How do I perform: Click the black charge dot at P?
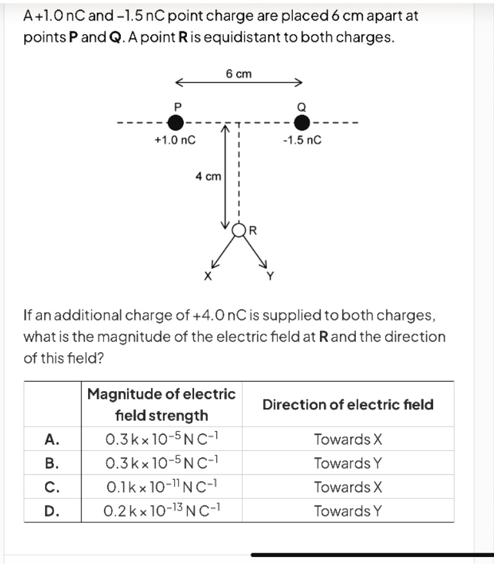(x=176, y=123)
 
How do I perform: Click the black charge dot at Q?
(x=302, y=123)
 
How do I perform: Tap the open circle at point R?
(x=238, y=230)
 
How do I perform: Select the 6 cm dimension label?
(x=238, y=74)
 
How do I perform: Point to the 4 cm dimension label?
(x=208, y=177)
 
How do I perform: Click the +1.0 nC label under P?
(x=175, y=139)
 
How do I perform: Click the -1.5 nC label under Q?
(x=302, y=139)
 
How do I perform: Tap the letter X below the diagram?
(x=207, y=276)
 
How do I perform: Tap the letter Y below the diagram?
(x=270, y=276)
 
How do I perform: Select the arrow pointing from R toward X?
(x=223, y=252)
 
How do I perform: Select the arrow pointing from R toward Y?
(x=255, y=252)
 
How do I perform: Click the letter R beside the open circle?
(x=253, y=230)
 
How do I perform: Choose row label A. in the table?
(x=52, y=439)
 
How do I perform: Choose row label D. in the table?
(x=52, y=511)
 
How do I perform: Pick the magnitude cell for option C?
(x=162, y=486)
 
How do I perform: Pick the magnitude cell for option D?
(x=162, y=510)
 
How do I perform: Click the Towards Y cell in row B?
(x=348, y=463)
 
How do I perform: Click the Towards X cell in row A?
(x=348, y=439)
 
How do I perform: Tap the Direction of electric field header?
(x=348, y=405)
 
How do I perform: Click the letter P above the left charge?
(x=177, y=107)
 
